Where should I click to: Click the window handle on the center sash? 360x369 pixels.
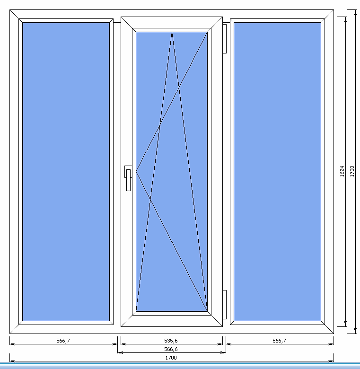click(x=128, y=178)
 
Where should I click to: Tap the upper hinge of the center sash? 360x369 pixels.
click(x=225, y=39)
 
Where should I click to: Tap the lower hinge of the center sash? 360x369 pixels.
click(x=225, y=305)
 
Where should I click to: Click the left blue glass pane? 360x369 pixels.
click(x=66, y=172)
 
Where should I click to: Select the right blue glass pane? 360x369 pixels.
click(x=277, y=172)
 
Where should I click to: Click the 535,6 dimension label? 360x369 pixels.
click(x=171, y=341)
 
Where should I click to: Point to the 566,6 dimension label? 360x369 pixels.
click(x=171, y=349)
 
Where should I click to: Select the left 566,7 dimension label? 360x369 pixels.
click(x=63, y=341)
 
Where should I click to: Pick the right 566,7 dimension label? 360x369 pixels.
click(x=279, y=341)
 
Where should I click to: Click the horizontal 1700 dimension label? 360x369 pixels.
click(x=171, y=358)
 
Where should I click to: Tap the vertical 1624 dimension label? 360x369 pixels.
click(x=342, y=171)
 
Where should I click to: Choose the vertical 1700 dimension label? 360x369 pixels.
click(x=352, y=171)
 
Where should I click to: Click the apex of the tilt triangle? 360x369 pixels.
click(x=172, y=32)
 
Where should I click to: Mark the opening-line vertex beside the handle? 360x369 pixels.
click(x=136, y=172)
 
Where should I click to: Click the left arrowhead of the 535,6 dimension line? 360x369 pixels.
click(x=123, y=344)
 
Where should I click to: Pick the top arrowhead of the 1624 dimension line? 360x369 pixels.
click(x=345, y=19)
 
